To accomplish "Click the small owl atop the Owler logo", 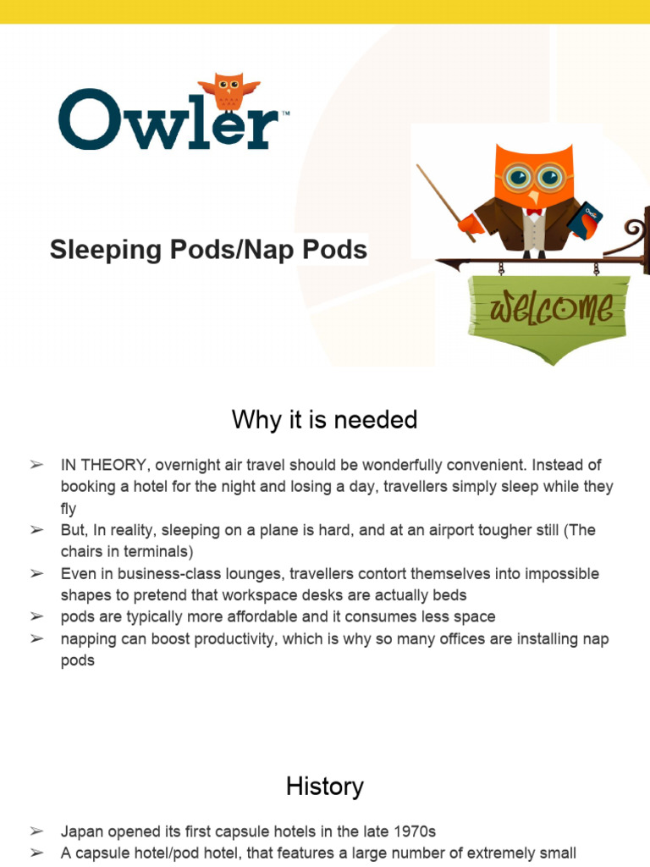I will tap(228, 91).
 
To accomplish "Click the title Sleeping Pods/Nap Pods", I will tap(208, 250).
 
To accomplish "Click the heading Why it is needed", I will tap(324, 419).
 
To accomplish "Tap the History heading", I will tap(324, 787).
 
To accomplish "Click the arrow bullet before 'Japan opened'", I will tap(36, 832).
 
